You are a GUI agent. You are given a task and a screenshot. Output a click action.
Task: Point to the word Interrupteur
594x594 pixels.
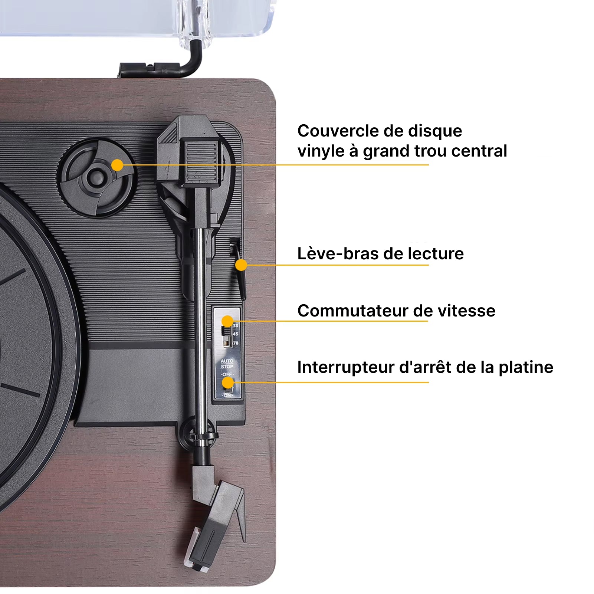pos(345,367)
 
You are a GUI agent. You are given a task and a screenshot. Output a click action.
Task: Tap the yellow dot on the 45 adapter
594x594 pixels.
pos(117,165)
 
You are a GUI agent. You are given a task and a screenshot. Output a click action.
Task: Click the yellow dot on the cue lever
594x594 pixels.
pos(241,265)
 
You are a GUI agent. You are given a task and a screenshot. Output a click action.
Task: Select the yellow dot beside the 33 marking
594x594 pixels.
pos(227,321)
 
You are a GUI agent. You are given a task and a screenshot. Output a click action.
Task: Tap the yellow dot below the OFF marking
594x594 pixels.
pos(228,382)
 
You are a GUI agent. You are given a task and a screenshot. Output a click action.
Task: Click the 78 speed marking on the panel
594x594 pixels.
pos(236,343)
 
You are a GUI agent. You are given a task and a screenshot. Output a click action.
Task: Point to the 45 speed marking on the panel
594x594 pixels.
pos(236,334)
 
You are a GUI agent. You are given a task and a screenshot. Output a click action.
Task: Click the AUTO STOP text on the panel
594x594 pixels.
pos(227,364)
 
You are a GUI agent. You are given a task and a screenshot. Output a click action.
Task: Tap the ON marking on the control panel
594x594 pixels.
pos(227,396)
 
